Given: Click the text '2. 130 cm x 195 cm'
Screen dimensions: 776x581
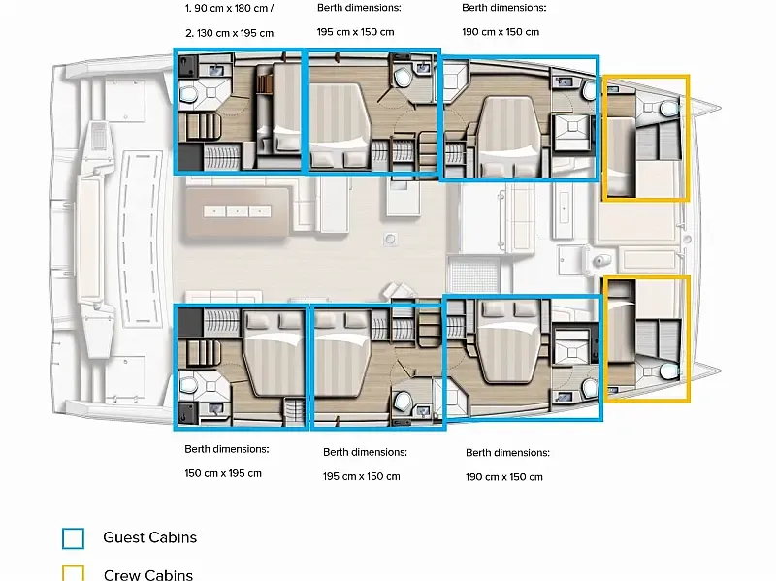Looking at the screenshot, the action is [229, 33].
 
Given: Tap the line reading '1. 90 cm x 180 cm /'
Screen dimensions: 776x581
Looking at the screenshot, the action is [229, 8].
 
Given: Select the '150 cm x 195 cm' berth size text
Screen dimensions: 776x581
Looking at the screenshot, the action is [223, 473].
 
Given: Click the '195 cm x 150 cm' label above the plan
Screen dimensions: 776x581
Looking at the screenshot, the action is [355, 32].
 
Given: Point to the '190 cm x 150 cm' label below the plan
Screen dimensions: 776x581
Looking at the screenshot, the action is [503, 477].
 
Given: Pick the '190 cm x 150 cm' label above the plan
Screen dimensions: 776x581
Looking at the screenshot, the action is [501, 32].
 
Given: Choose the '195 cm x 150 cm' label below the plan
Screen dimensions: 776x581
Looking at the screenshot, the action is [361, 476].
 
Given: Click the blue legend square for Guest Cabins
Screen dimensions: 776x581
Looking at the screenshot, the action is [74, 538].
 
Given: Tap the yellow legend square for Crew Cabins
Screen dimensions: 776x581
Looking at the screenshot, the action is [74, 573].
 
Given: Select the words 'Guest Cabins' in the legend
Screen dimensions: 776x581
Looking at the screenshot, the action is [150, 537].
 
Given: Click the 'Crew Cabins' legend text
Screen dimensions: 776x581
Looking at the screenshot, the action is [148, 574].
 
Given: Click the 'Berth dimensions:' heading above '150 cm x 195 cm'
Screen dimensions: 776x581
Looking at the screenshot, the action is [227, 449].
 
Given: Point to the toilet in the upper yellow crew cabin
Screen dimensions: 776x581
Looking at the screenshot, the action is [668, 108].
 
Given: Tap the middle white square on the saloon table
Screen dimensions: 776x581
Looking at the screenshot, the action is [238, 211].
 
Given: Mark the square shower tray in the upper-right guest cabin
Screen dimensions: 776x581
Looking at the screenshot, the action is [572, 128].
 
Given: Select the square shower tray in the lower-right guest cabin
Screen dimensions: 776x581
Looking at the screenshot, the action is [571, 347].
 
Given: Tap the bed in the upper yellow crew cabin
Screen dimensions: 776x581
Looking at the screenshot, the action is [621, 156].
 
